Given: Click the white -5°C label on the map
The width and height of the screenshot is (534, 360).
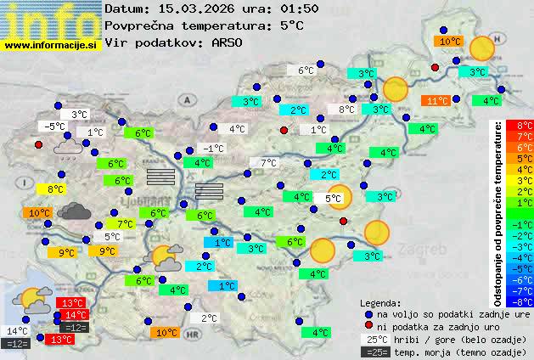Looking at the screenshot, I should pyautogui.click(x=55, y=127).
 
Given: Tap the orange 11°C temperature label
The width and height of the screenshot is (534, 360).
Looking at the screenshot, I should pyautogui.click(x=437, y=100).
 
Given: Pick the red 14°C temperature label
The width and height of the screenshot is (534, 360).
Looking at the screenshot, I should pyautogui.click(x=76, y=314).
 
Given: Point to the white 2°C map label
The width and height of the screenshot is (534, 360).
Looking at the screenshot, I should pyautogui.click(x=210, y=318).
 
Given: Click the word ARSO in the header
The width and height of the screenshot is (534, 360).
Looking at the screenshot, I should pyautogui.click(x=228, y=42).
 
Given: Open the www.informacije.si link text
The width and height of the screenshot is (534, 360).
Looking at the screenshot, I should pyautogui.click(x=51, y=45).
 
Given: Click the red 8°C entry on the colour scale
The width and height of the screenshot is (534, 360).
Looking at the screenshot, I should pyautogui.click(x=525, y=126).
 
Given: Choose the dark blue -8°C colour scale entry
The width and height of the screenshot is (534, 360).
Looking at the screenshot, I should pyautogui.click(x=525, y=301).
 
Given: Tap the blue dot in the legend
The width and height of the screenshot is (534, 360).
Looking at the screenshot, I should pyautogui.click(x=368, y=313).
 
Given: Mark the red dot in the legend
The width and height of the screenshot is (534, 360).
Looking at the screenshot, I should pyautogui.click(x=368, y=326).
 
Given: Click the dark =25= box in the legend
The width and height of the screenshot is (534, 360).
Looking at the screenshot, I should pyautogui.click(x=379, y=352).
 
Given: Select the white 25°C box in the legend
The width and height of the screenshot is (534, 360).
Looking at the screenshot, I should pyautogui.click(x=379, y=339).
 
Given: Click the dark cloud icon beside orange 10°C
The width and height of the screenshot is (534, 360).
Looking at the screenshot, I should pyautogui.click(x=75, y=211).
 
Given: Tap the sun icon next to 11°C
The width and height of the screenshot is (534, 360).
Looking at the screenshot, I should pyautogui.click(x=395, y=88).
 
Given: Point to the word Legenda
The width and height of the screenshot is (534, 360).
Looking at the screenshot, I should pyautogui.click(x=380, y=302).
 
